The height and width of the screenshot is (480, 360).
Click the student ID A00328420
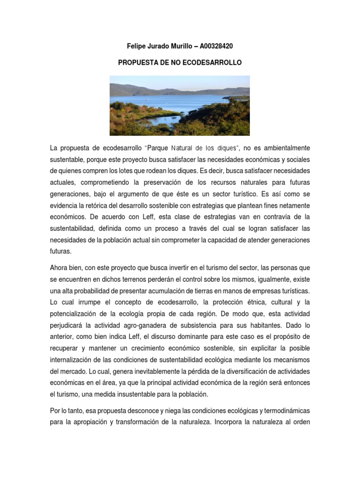[216, 46]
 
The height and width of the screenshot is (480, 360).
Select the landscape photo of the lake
[180, 105]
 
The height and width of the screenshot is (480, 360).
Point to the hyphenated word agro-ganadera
[152, 324]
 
